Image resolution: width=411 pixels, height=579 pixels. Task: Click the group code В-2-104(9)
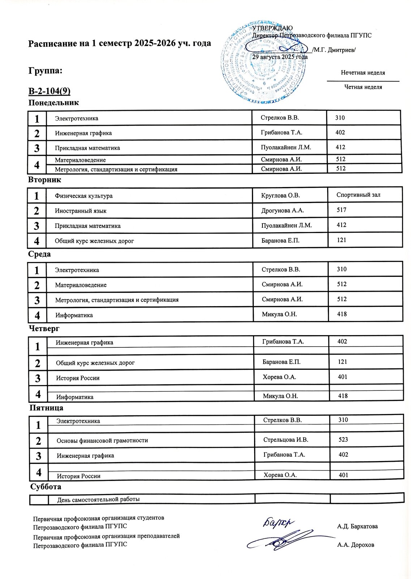49,90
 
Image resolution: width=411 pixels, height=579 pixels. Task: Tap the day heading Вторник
45,180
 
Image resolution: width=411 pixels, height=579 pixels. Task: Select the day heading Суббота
46,486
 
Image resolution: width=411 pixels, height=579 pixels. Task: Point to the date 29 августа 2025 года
280,57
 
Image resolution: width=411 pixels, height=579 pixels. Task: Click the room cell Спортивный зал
358,195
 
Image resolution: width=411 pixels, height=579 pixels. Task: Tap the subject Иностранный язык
81,211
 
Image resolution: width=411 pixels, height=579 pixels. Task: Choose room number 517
341,210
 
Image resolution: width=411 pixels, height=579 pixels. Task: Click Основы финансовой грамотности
102,440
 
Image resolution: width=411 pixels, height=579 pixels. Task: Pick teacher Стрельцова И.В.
286,440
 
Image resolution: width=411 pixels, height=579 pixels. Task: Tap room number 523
343,440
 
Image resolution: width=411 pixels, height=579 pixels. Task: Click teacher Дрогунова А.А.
282,210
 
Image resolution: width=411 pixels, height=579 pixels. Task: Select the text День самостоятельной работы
98,499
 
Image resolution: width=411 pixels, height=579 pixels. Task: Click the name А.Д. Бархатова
357,526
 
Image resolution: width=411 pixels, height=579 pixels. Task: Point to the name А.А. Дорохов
355,545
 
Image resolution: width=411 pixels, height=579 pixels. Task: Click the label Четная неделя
363,87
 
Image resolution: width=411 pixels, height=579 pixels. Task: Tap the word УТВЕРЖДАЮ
272,28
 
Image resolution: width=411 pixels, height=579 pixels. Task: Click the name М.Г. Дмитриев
335,50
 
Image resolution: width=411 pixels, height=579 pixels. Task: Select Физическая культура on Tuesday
84,196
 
